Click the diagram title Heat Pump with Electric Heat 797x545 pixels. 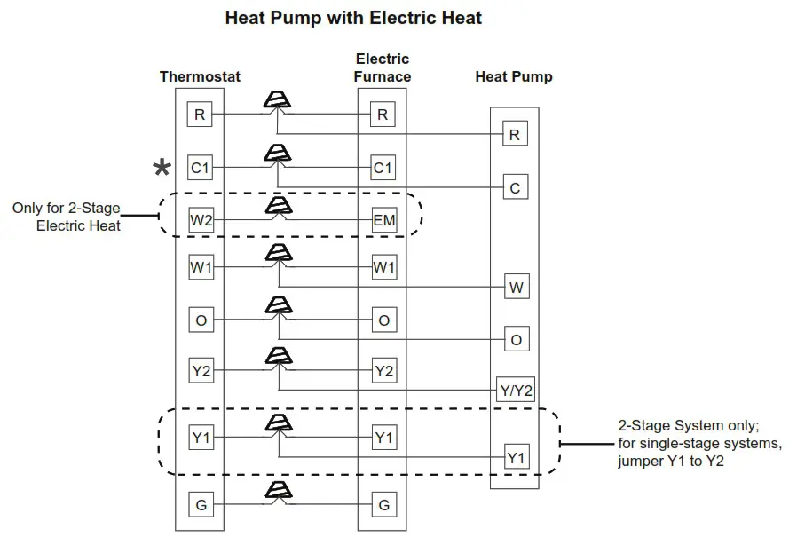tap(353, 17)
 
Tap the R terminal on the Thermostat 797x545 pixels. tap(200, 114)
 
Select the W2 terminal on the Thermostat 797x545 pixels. tap(201, 219)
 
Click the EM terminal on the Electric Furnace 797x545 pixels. tap(383, 219)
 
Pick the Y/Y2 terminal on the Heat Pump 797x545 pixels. tap(516, 389)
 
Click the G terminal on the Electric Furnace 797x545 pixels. tap(383, 505)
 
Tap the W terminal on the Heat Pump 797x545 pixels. tap(516, 287)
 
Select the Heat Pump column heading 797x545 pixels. tap(513, 77)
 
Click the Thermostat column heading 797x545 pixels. tap(200, 77)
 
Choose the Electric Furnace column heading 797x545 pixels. tap(383, 67)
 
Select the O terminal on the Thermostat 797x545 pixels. tap(201, 320)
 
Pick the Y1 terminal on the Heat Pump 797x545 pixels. tap(516, 457)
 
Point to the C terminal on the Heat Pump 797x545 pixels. tap(516, 187)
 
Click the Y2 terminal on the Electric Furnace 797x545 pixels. tap(383, 371)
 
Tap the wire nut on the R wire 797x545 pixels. tap(279, 102)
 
